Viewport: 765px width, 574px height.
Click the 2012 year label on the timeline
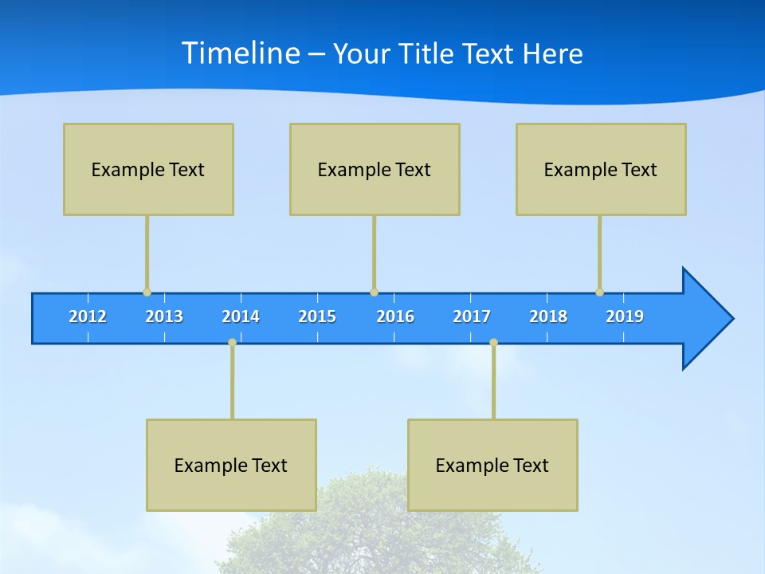coord(88,316)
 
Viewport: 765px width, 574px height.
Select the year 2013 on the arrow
coord(164,316)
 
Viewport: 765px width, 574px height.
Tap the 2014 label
coord(241,316)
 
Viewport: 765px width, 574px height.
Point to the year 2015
coord(317,316)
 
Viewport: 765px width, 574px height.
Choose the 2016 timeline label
coord(395,316)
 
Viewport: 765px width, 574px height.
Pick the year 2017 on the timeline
coord(472,316)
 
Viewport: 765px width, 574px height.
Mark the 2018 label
coord(548,316)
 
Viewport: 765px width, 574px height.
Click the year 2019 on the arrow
coord(625,316)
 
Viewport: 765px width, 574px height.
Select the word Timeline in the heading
coord(241,53)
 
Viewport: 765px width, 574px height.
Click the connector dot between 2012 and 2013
coord(147,292)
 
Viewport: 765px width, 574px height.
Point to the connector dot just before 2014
coord(232,342)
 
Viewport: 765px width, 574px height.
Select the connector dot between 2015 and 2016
coord(374,292)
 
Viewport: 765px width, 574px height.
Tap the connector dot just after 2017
coord(493,342)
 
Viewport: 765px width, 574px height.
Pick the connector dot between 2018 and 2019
coord(599,292)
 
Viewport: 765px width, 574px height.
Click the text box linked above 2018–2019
coord(601,169)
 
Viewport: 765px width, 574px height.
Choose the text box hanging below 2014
coord(231,465)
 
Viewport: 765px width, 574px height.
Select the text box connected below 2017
coord(492,465)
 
